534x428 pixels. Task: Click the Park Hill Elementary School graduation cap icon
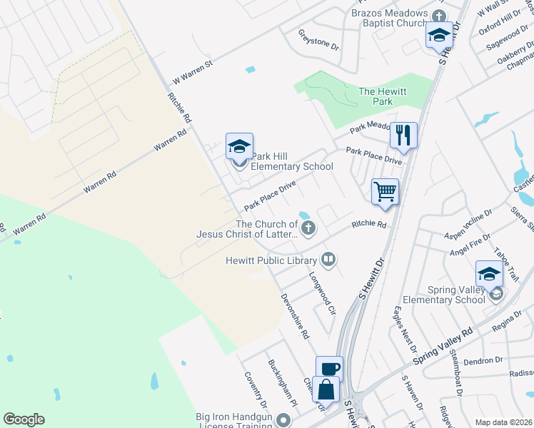click(x=239, y=147)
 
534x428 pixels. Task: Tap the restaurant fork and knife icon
click(x=403, y=134)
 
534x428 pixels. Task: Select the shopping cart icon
click(x=385, y=191)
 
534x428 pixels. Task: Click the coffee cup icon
click(x=329, y=369)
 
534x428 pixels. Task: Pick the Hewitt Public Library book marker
click(x=329, y=259)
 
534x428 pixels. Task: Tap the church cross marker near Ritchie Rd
click(x=308, y=228)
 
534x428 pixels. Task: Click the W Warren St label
click(x=193, y=74)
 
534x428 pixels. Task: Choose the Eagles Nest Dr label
click(x=404, y=329)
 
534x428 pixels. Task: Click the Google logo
click(x=24, y=419)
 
